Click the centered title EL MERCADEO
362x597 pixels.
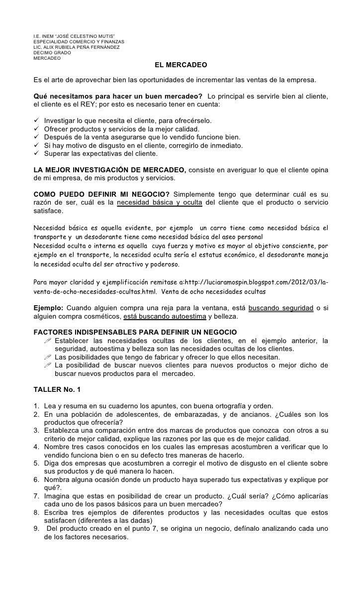(181, 65)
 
